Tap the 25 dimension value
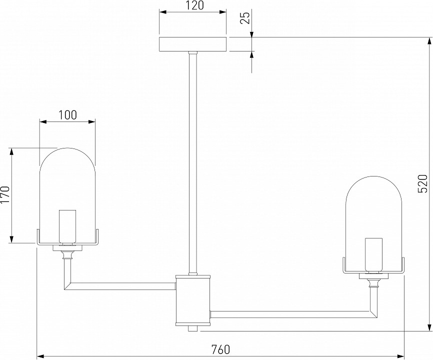coord(244,18)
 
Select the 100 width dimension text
coord(67,114)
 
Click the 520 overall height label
coord(422,184)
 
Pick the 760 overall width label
coord(220,349)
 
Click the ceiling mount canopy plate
coord(192,44)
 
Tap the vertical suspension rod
coord(192,160)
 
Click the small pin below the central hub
coord(193,328)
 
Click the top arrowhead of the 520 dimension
coord(428,41)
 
